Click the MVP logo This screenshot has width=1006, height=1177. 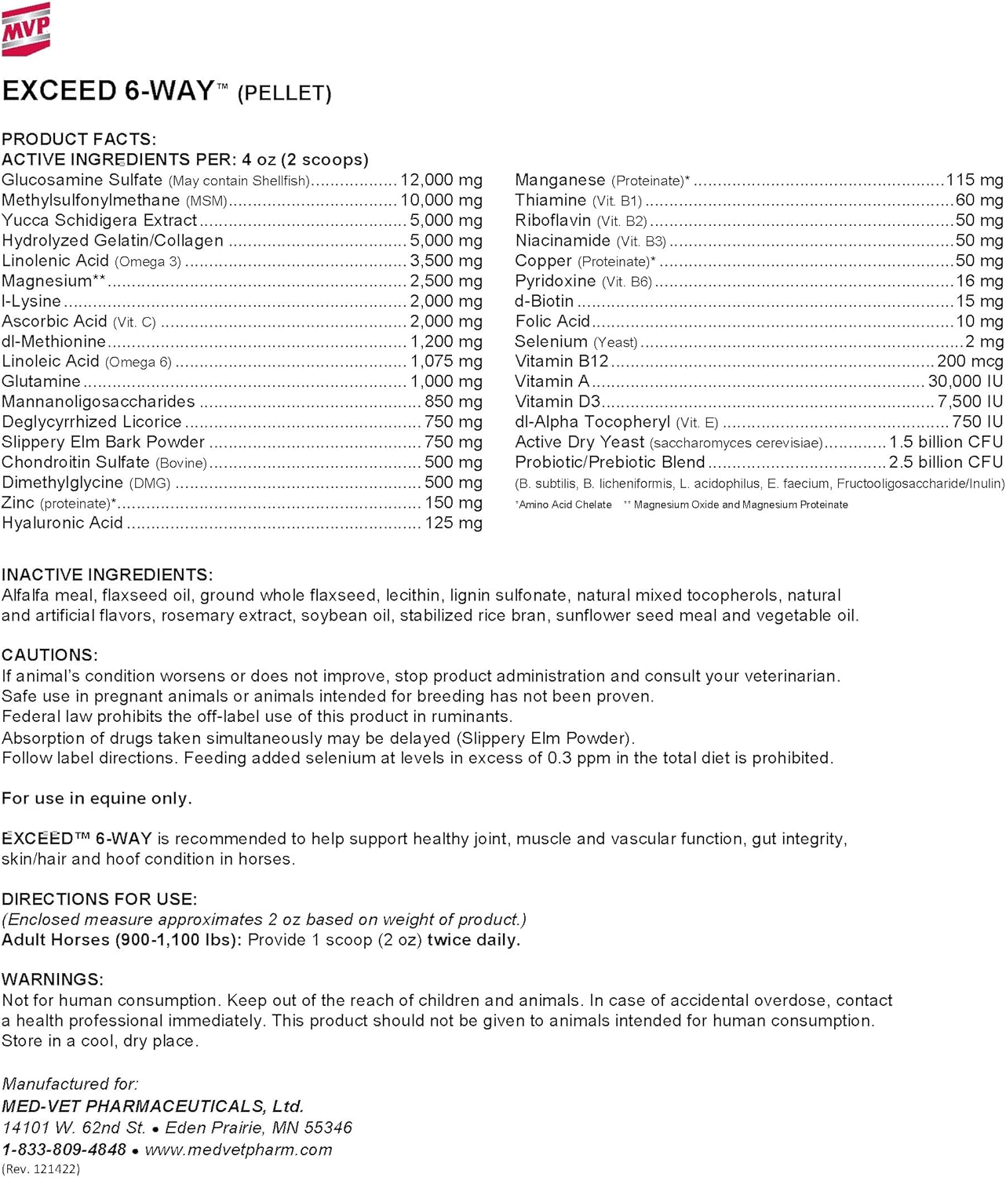point(26,29)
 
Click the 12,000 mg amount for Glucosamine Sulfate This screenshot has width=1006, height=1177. point(441,180)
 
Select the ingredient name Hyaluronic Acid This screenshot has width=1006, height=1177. point(63,523)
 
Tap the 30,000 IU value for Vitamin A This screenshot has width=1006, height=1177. point(965,381)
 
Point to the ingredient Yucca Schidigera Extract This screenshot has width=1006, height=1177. point(100,220)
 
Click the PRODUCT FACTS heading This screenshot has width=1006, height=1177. point(78,139)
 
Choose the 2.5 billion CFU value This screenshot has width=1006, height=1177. point(946,462)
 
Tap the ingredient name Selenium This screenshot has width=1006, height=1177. point(551,341)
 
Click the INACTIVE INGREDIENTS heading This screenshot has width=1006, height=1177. point(107,574)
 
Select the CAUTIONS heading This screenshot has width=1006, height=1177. point(50,655)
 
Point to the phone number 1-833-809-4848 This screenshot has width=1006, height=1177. point(64,1150)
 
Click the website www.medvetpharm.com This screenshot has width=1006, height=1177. point(239,1150)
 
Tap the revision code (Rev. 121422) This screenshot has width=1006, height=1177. point(41,1169)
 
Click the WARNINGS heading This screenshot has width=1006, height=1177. point(53,979)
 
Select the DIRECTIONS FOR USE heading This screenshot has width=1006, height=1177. point(100,899)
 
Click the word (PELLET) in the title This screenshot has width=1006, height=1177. point(284,93)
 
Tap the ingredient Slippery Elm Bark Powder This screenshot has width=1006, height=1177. point(104,442)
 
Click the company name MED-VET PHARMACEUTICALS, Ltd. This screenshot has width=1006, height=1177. point(153,1106)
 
